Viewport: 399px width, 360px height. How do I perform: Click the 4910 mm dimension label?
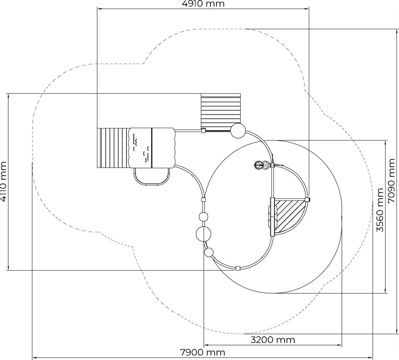point(203,4)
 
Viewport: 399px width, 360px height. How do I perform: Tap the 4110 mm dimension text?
point(4,182)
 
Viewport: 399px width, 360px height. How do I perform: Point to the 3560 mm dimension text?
point(380,210)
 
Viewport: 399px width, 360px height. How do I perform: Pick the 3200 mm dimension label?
point(273,339)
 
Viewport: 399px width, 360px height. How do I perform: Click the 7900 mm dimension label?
point(203,352)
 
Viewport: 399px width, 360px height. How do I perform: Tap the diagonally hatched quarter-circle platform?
point(290,216)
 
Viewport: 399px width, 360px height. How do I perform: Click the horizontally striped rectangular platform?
point(221,112)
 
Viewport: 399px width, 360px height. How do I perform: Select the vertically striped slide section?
point(112,148)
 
